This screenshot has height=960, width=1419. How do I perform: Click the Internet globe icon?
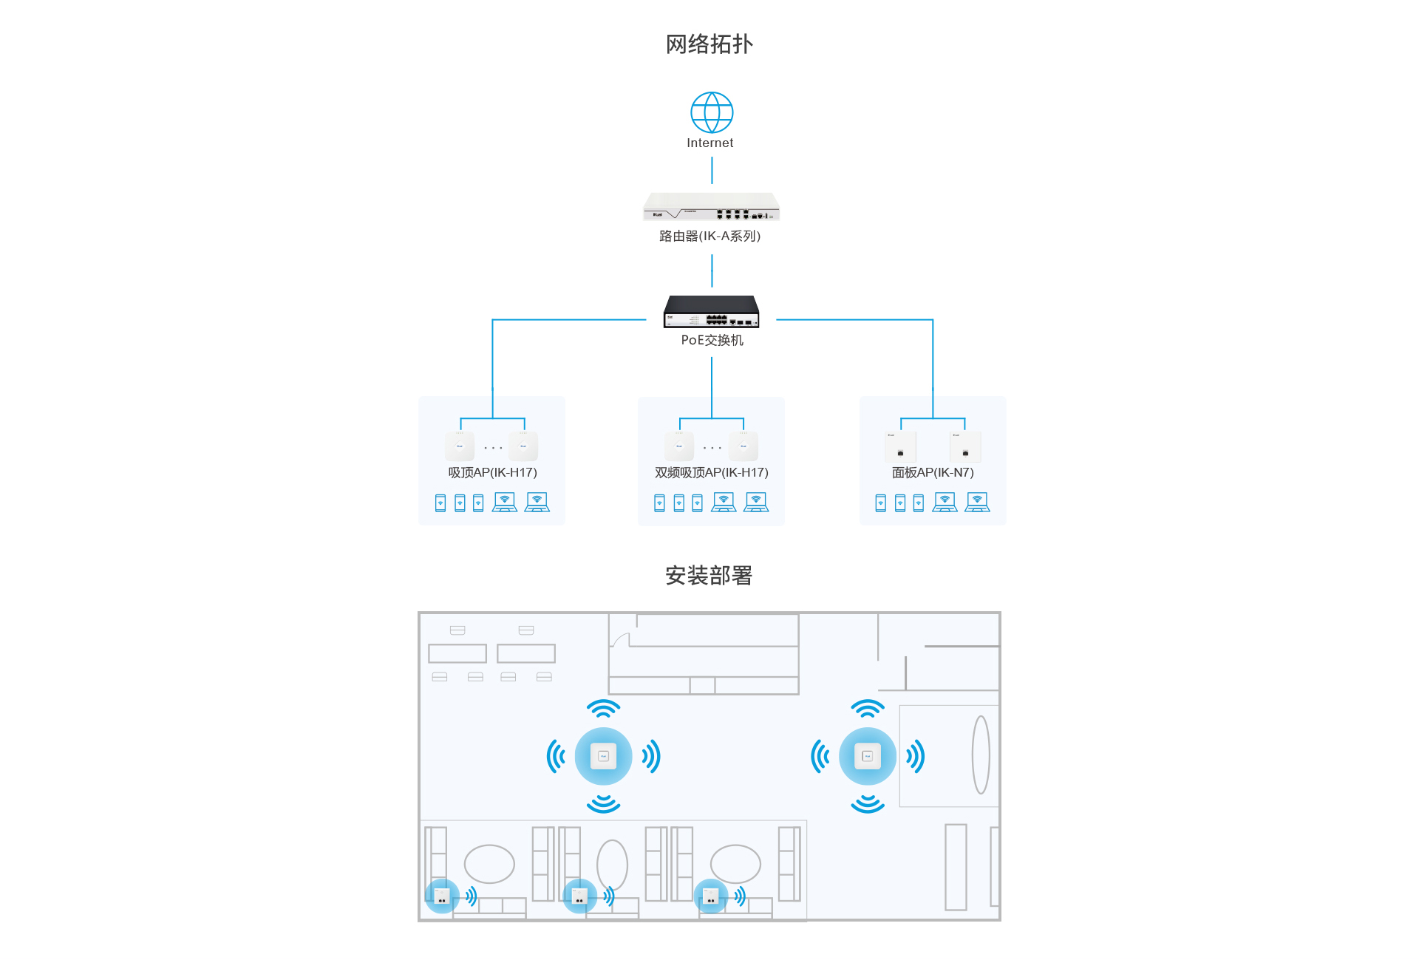pos(711,112)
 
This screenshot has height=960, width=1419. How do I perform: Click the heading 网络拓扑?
pos(709,44)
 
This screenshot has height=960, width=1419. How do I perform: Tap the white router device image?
pos(711,207)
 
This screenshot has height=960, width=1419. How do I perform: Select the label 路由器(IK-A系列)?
pos(709,236)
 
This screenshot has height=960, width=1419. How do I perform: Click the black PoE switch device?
pos(711,311)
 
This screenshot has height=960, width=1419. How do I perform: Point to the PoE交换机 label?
pos(712,340)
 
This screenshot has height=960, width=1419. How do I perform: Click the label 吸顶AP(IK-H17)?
pos(492,472)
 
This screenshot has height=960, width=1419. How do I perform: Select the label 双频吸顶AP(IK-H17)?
pos(711,472)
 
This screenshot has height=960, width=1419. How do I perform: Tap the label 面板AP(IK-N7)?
pos(933,472)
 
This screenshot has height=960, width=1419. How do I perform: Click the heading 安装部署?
pos(709,575)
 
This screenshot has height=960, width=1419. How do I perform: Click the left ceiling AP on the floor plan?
pos(603,756)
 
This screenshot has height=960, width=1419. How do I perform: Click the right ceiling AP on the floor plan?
pos(868,756)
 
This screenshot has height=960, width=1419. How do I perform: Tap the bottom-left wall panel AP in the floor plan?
pos(441,896)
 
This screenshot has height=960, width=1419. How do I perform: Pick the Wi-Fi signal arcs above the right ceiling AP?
pos(868,709)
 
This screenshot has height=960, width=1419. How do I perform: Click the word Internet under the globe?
pos(709,143)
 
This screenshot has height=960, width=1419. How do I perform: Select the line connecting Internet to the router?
pos(712,170)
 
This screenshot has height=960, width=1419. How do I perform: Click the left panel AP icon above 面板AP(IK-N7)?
pos(900,446)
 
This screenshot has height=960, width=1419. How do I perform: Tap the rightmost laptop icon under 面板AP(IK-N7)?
pos(977,503)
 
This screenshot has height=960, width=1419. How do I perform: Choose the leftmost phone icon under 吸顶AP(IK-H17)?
pos(440,503)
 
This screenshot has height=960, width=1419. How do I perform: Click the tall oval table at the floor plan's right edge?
pos(981,755)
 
